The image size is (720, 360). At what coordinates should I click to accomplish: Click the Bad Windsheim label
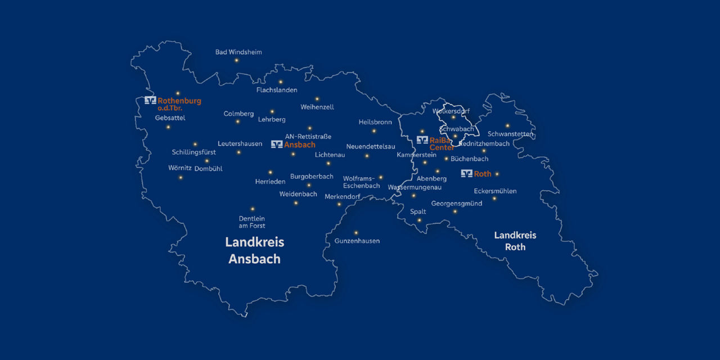click(x=238, y=52)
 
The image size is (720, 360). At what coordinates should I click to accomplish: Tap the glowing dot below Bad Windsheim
click(x=236, y=60)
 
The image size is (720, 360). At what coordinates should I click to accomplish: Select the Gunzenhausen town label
click(x=357, y=241)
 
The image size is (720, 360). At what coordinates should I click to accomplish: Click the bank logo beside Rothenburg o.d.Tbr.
click(x=150, y=101)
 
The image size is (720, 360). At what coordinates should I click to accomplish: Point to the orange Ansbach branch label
click(x=300, y=145)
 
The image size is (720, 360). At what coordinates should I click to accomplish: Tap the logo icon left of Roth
click(x=466, y=174)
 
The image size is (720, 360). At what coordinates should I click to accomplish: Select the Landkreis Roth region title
click(x=515, y=241)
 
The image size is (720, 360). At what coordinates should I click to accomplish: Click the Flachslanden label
click(x=277, y=90)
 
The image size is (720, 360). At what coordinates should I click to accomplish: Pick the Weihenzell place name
click(x=317, y=107)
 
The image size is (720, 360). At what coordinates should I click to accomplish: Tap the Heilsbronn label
click(x=375, y=122)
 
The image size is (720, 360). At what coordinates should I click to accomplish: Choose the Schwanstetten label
click(x=510, y=134)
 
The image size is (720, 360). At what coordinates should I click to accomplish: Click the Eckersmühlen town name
click(x=495, y=191)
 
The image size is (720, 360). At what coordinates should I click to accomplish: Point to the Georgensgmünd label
click(x=457, y=204)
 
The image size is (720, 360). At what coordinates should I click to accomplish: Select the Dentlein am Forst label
click(x=252, y=222)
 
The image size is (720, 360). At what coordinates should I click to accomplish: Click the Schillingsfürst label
click(x=194, y=152)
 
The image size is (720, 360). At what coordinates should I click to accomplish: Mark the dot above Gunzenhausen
click(x=355, y=232)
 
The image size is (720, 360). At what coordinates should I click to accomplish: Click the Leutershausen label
click(x=240, y=144)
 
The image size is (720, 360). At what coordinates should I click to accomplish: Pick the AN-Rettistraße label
click(x=308, y=137)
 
